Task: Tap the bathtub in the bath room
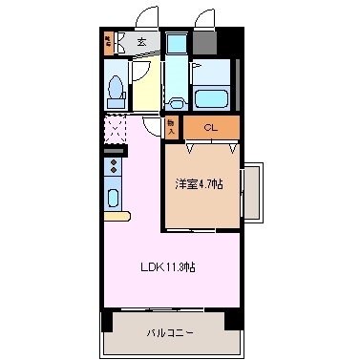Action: pos(209,99)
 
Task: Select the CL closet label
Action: pos(212,127)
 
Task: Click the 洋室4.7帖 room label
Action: pos(199,181)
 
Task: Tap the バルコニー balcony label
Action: pos(170,333)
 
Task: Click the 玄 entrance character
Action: pos(140,41)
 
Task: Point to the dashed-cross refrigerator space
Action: pos(114,128)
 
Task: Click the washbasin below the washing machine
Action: pos(177,100)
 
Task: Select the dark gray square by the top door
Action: pos(204,42)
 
